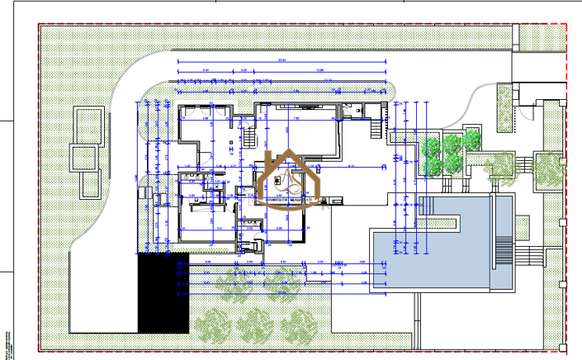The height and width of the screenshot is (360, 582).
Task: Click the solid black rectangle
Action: click(163, 293)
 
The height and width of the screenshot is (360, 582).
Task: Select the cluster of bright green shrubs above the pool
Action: click(446, 151)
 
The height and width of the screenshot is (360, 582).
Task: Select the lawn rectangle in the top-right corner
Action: click(542, 38)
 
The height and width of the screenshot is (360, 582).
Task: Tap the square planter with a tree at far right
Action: click(547, 169)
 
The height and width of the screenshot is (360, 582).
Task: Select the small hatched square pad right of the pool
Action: click(522, 224)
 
